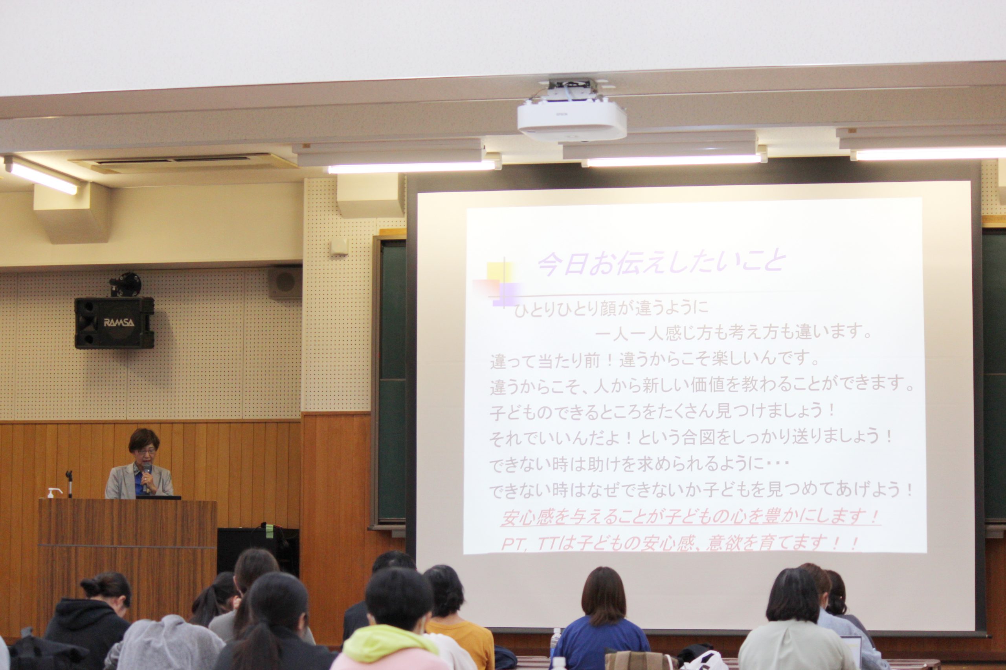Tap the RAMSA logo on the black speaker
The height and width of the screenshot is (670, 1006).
point(119,322)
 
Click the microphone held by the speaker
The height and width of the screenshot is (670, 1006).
point(147,475)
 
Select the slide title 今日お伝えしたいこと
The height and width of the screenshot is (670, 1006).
point(662,262)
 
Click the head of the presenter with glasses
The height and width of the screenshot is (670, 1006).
point(144,447)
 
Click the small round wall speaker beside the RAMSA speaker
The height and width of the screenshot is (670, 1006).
point(285,281)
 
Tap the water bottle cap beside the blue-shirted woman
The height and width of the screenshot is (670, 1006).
point(556,631)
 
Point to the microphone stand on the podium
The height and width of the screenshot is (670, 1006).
point(69,484)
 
